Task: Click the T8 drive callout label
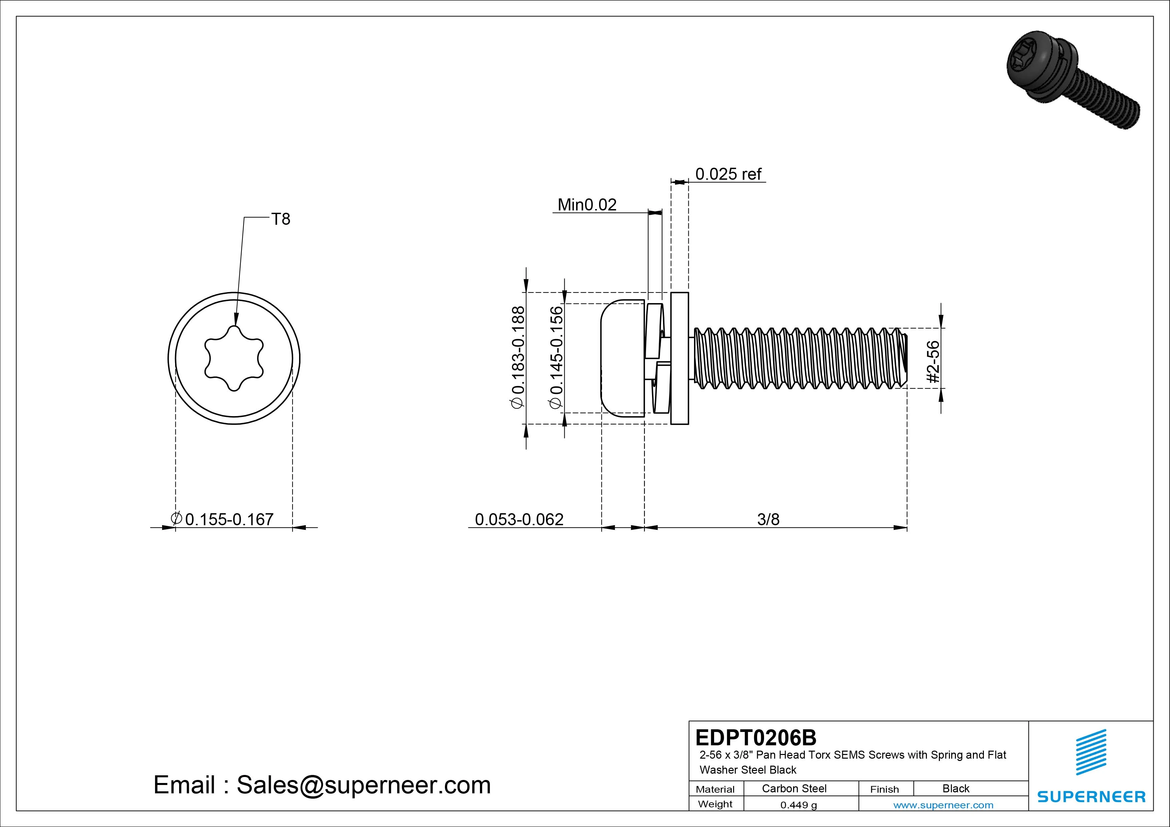pyautogui.click(x=281, y=219)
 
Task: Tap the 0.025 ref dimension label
pyautogui.click(x=728, y=174)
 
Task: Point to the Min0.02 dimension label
pyautogui.click(x=587, y=205)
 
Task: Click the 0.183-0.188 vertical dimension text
pyautogui.click(x=518, y=357)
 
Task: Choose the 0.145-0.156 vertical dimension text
pyautogui.click(x=556, y=357)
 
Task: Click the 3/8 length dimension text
pyautogui.click(x=768, y=519)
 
